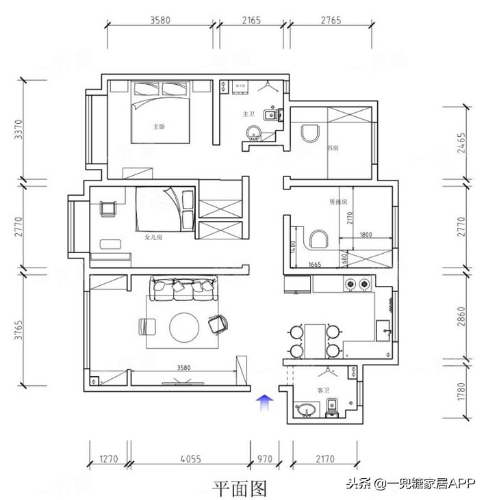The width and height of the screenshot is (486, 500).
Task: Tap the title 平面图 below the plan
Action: point(239,488)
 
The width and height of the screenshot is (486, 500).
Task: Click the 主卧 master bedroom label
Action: point(159,127)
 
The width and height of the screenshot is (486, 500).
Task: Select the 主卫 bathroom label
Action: point(248,114)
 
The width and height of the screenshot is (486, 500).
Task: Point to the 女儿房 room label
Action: point(154,238)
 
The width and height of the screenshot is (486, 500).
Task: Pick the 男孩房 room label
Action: point(338,202)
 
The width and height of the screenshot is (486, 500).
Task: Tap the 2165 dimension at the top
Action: point(252,21)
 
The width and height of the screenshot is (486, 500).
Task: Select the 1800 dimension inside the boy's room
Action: point(366,235)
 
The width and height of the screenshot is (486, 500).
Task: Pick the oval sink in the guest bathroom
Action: point(306,410)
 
